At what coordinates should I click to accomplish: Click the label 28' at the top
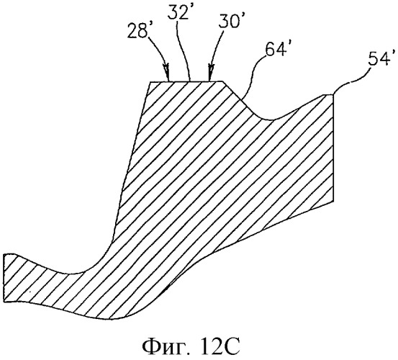[x=137, y=31]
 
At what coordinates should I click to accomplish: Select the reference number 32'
[x=178, y=12]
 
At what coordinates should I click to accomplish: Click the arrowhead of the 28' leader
[x=167, y=73]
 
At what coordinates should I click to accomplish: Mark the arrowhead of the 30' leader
[x=211, y=73]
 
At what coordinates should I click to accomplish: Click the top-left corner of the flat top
[x=150, y=81]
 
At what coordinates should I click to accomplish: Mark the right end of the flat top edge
[x=222, y=81]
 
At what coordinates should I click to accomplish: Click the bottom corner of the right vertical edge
[x=333, y=201]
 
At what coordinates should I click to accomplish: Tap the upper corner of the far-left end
[x=4, y=254]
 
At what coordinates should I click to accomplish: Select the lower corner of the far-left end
[x=4, y=302]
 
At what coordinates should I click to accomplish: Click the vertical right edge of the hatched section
[x=333, y=148]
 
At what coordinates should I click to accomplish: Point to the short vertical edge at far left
[x=4, y=278]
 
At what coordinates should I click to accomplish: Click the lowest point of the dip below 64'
[x=271, y=120]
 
